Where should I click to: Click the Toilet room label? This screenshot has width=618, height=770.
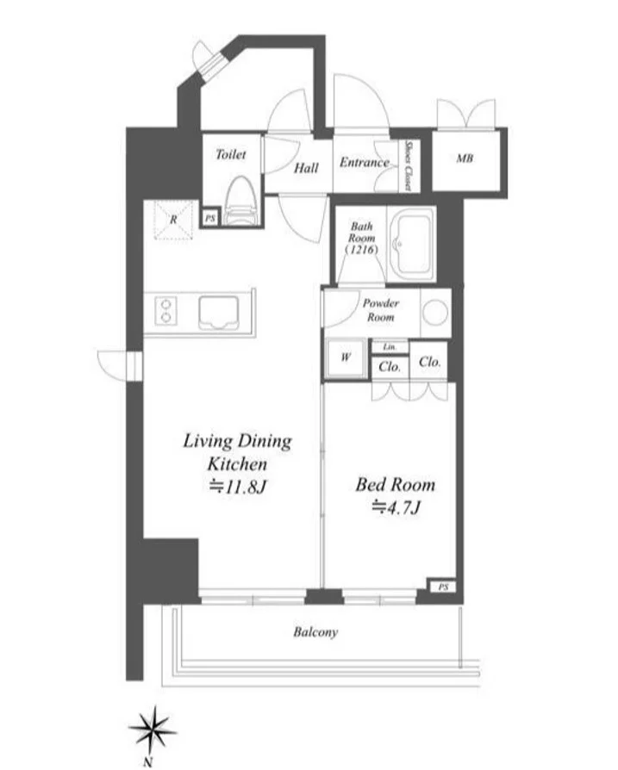(230, 155)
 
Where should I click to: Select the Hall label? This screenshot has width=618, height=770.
(306, 169)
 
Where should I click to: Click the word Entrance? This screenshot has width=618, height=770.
(364, 163)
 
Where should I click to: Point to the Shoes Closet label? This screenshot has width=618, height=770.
(408, 165)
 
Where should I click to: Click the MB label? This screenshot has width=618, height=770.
(465, 158)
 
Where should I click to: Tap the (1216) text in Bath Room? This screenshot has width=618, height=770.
(362, 250)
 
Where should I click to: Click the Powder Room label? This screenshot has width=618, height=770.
(381, 310)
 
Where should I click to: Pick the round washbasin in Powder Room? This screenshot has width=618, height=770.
(435, 313)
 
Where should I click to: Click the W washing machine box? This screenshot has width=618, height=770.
(346, 358)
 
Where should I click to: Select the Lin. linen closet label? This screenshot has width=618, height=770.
(390, 347)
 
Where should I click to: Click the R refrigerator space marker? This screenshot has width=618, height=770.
(173, 220)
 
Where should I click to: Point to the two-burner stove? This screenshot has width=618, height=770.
(166, 311)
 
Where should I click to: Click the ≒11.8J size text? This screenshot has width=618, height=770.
(238, 487)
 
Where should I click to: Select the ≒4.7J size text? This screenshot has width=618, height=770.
(396, 507)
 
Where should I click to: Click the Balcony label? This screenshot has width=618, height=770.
(315, 632)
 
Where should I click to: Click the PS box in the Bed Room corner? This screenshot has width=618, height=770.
(444, 587)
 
